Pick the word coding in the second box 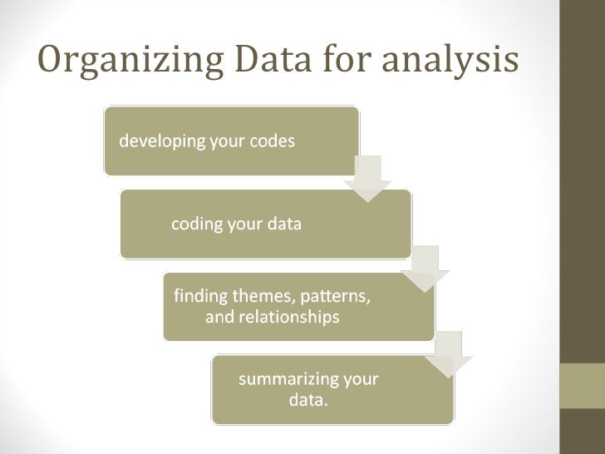click(196, 225)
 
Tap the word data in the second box click(285, 225)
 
